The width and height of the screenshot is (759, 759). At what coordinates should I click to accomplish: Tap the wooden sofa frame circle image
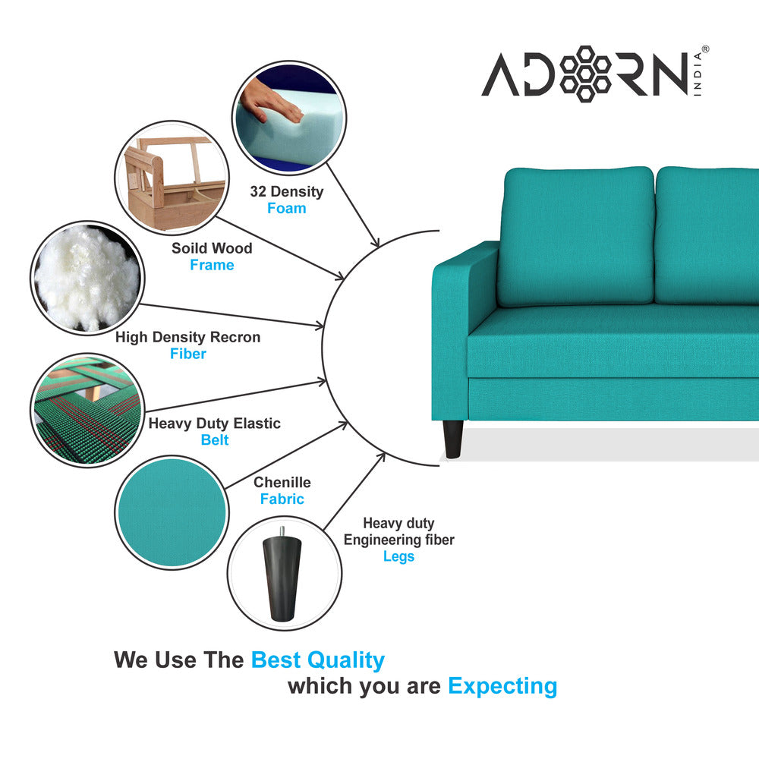tap(171, 178)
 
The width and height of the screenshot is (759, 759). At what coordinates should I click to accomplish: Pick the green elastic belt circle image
tap(88, 410)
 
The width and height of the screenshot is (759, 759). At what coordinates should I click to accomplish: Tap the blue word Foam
tap(286, 208)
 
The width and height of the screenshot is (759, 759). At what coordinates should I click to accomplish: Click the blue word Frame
tap(212, 265)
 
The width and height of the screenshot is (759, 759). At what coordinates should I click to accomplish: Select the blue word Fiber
tap(187, 354)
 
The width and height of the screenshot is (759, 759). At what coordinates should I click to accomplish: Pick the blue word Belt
tap(215, 440)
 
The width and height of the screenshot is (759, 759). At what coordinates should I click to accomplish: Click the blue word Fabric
tap(282, 499)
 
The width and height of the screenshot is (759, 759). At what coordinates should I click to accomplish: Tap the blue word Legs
tap(398, 556)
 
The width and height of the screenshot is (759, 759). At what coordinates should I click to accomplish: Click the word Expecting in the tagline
tap(502, 686)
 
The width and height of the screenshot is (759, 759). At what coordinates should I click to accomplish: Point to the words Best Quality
tap(317, 660)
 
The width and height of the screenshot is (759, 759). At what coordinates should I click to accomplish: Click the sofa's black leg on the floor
tap(453, 439)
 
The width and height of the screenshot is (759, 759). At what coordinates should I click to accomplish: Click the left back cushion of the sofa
tap(575, 235)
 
